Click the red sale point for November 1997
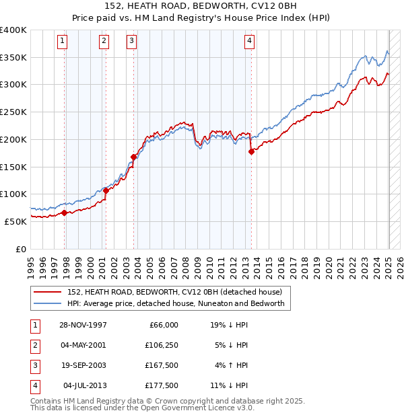65,213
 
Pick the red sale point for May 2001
106,191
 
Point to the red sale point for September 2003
133,157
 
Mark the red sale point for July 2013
251,152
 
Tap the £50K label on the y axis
16,221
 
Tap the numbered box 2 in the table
34,345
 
